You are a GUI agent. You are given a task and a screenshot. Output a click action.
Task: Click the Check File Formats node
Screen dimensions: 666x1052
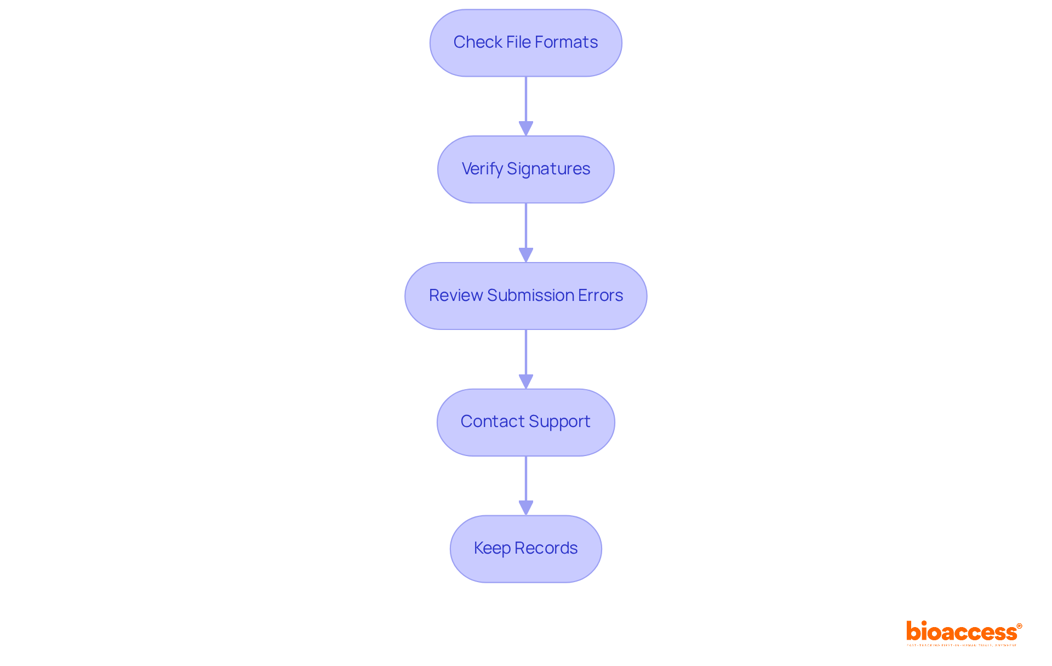(x=525, y=43)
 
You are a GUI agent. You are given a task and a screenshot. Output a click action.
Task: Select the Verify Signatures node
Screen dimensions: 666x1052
(x=525, y=169)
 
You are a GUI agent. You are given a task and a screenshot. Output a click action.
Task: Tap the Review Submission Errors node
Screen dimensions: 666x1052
(x=525, y=296)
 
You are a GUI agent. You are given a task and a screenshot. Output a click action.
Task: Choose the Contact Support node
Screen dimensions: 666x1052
(x=525, y=422)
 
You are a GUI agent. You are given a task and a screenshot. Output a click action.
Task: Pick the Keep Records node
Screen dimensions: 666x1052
(x=525, y=549)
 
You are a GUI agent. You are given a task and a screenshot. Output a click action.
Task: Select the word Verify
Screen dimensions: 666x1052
(x=482, y=169)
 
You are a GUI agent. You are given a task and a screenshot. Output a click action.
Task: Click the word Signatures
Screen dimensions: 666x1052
(x=548, y=169)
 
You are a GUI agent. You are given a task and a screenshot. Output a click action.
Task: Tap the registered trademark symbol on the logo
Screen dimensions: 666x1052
(x=1019, y=626)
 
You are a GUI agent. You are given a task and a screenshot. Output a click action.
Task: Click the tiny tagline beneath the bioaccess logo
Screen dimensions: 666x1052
(x=962, y=646)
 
